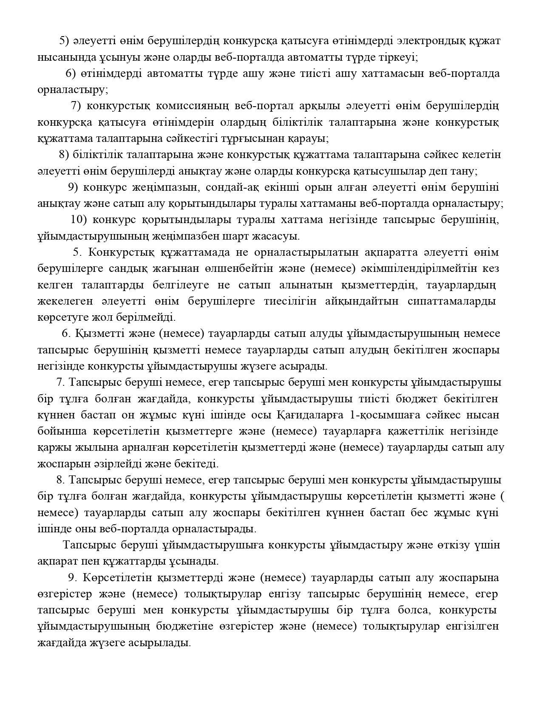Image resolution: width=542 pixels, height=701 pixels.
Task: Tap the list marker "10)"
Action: coord(79,220)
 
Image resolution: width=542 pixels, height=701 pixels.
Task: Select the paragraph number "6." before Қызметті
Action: coord(66,334)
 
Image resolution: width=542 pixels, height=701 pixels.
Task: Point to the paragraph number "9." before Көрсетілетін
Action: coord(72,578)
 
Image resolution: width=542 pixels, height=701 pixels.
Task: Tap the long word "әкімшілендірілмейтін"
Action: coord(418,269)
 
